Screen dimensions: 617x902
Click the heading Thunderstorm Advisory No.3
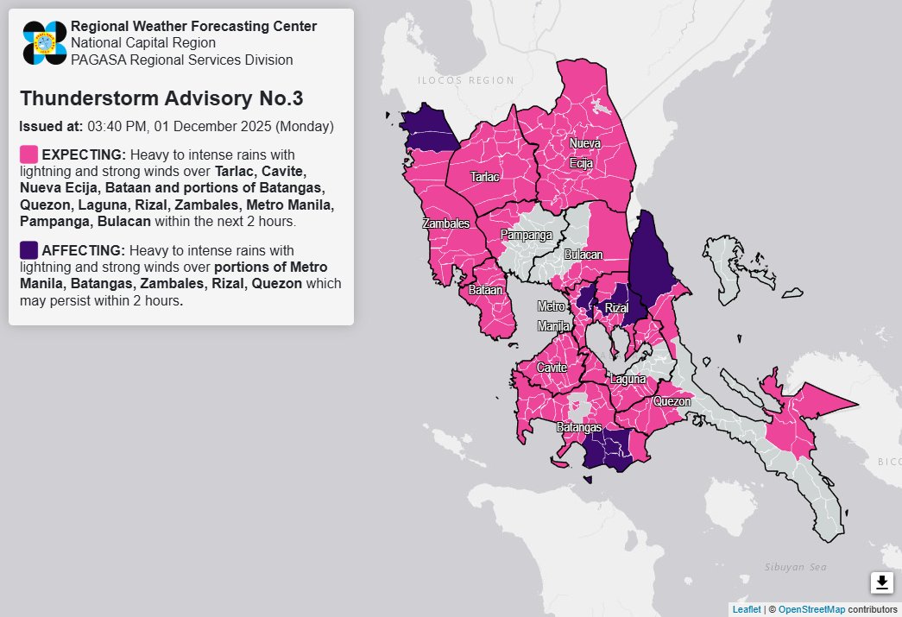tap(161, 98)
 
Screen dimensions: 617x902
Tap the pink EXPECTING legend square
tap(28, 154)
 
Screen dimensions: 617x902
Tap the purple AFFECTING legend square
tap(28, 250)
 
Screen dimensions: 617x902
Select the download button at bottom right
tap(881, 582)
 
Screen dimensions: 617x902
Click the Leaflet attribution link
tap(746, 609)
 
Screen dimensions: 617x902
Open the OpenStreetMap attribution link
tap(811, 609)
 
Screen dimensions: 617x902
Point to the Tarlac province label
tap(484, 177)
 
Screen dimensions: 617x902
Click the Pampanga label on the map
tap(527, 235)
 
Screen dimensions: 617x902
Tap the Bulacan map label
tap(583, 255)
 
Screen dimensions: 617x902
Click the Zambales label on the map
tap(446, 224)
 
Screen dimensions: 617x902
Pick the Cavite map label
tap(552, 368)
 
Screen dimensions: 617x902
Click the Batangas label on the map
tap(579, 427)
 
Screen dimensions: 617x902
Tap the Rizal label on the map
tap(615, 308)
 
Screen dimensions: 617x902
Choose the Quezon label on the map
tap(672, 401)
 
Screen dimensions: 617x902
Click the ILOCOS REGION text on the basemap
tap(466, 80)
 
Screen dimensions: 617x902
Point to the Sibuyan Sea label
tap(796, 567)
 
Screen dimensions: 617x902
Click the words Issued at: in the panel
tap(51, 126)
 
